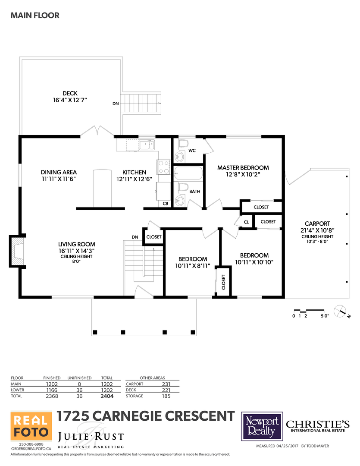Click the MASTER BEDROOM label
(243, 167)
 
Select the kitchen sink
(147, 145)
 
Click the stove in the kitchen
(163, 167)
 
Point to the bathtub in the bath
(188, 173)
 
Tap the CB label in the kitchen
(166, 204)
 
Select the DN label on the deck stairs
(116, 104)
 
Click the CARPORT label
(317, 224)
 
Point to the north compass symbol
(341, 312)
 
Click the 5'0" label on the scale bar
(325, 316)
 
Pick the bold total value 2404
(107, 396)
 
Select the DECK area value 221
(166, 390)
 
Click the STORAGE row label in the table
(134, 396)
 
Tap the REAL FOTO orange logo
(31, 426)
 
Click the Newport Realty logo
(262, 426)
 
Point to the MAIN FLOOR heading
(35, 16)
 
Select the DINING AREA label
(59, 172)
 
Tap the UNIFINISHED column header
(79, 378)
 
